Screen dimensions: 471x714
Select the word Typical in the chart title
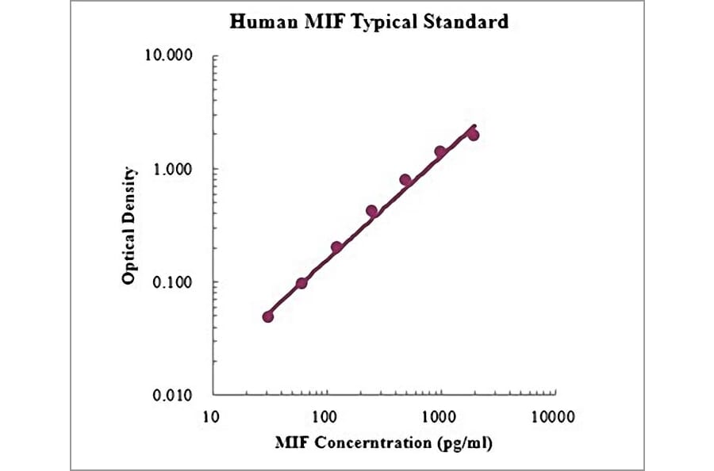379,22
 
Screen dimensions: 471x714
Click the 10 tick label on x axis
211,415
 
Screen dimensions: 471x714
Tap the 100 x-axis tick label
325,415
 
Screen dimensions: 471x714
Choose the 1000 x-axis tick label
439,415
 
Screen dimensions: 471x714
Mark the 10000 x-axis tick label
553,415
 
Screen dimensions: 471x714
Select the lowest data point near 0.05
268,316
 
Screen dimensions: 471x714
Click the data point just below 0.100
301,283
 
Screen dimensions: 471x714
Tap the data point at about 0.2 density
336,247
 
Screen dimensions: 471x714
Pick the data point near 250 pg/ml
371,211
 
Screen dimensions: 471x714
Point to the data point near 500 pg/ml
405,180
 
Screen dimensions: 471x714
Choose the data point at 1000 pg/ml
440,151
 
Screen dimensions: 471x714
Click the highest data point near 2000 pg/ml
474,135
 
